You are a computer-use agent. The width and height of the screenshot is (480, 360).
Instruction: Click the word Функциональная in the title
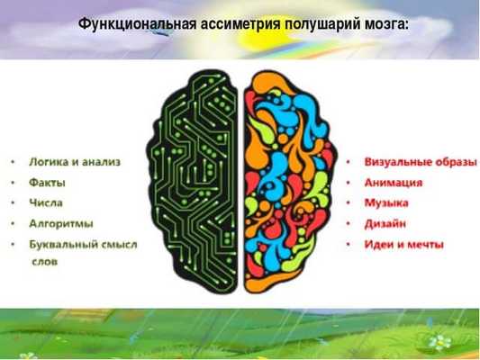[x=134, y=22]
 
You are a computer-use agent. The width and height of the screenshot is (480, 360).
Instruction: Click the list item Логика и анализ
[x=75, y=162]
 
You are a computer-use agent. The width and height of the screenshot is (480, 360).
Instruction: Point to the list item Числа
[x=46, y=202]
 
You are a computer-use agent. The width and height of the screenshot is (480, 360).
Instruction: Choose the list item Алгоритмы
[x=61, y=222]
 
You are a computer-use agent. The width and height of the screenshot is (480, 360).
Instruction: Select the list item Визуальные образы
[x=420, y=162]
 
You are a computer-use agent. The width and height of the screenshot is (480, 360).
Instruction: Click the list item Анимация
[x=394, y=182]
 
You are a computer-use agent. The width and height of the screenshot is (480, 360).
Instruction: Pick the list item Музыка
[x=386, y=202]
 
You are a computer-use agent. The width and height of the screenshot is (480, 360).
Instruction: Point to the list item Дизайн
[x=385, y=222]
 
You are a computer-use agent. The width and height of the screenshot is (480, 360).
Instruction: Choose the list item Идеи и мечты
[x=403, y=244]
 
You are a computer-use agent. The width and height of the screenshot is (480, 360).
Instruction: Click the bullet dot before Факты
[x=13, y=183]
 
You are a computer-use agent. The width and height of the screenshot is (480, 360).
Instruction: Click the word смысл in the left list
[x=121, y=244]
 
